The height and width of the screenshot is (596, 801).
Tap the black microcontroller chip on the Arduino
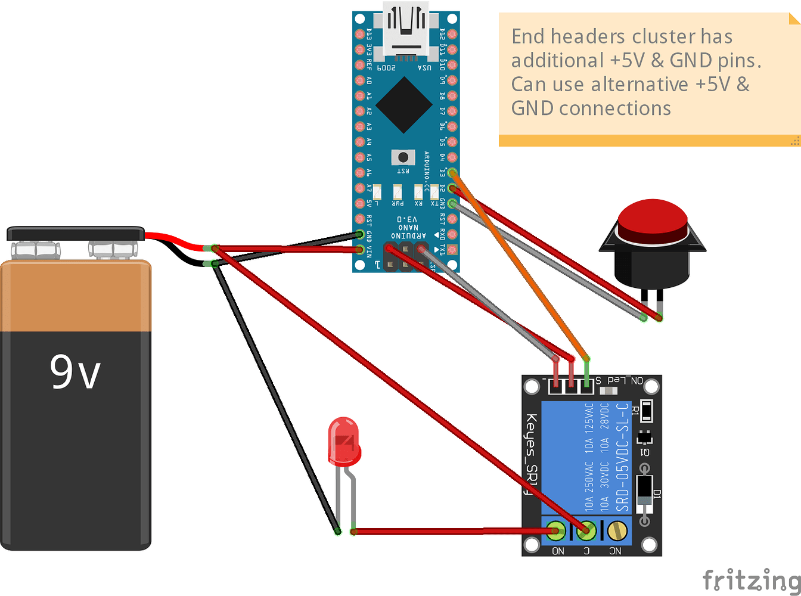click(404, 105)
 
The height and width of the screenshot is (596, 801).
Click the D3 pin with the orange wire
click(452, 173)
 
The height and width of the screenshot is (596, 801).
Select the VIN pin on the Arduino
click(359, 250)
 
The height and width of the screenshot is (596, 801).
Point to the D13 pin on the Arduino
click(359, 34)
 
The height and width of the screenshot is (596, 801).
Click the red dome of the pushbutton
click(653, 221)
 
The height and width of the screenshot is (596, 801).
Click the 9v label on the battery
click(75, 372)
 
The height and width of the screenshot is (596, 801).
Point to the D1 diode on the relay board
click(644, 492)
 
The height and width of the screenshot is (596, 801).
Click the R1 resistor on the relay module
click(646, 411)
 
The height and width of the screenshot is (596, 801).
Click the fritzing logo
click(750, 579)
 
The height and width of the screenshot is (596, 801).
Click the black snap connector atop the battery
click(76, 233)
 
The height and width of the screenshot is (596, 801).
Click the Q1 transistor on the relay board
click(644, 438)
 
